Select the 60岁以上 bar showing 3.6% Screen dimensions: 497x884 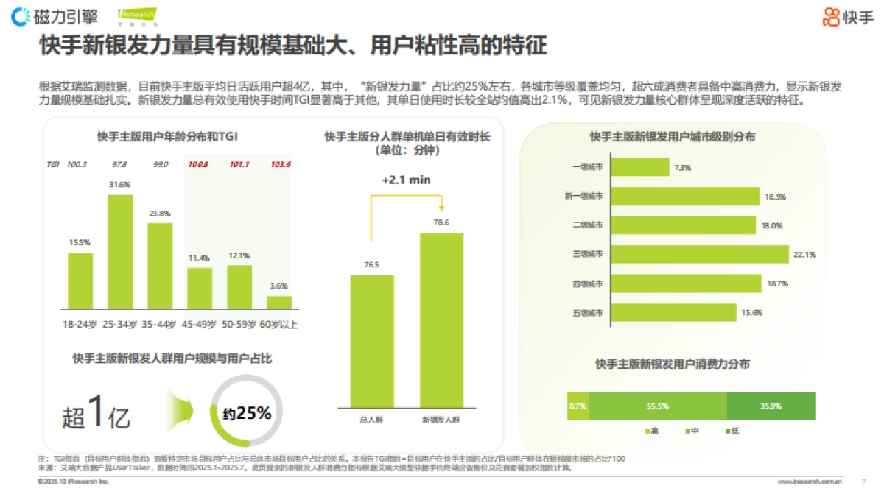tap(279, 302)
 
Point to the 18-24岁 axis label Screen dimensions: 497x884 tap(80, 324)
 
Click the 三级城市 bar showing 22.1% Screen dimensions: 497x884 tap(700, 254)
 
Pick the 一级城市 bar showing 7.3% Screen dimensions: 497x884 tap(639, 168)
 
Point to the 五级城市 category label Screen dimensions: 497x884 tap(588, 313)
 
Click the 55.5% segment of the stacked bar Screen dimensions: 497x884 tap(657, 406)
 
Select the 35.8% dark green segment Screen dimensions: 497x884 tap(771, 406)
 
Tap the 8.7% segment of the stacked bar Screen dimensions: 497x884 tap(578, 406)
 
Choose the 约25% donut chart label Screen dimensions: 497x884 tap(247, 413)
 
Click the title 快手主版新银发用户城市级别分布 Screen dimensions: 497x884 tap(672, 137)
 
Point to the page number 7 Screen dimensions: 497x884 tap(863, 482)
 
